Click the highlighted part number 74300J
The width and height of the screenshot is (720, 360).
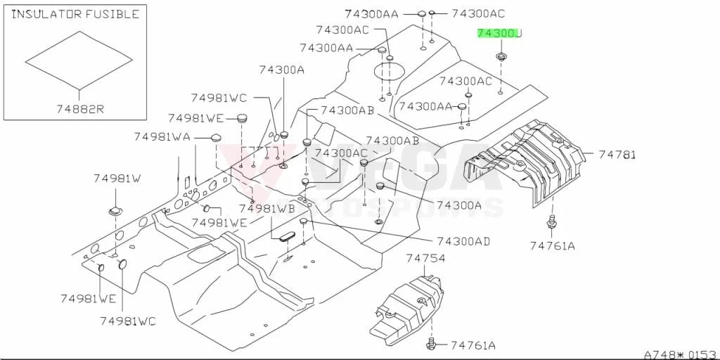tap(499, 34)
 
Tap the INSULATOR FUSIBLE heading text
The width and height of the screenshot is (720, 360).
tap(75, 14)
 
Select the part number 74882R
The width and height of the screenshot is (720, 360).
tap(80, 109)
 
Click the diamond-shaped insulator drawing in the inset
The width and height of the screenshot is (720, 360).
tap(79, 60)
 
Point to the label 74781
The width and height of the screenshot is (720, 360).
tap(617, 155)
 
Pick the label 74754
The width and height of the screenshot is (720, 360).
tap(425, 259)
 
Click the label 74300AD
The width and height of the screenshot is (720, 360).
tap(463, 241)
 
